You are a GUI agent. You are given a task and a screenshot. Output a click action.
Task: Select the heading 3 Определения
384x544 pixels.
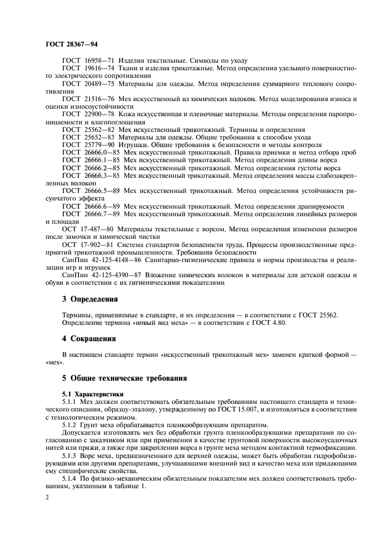89,300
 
